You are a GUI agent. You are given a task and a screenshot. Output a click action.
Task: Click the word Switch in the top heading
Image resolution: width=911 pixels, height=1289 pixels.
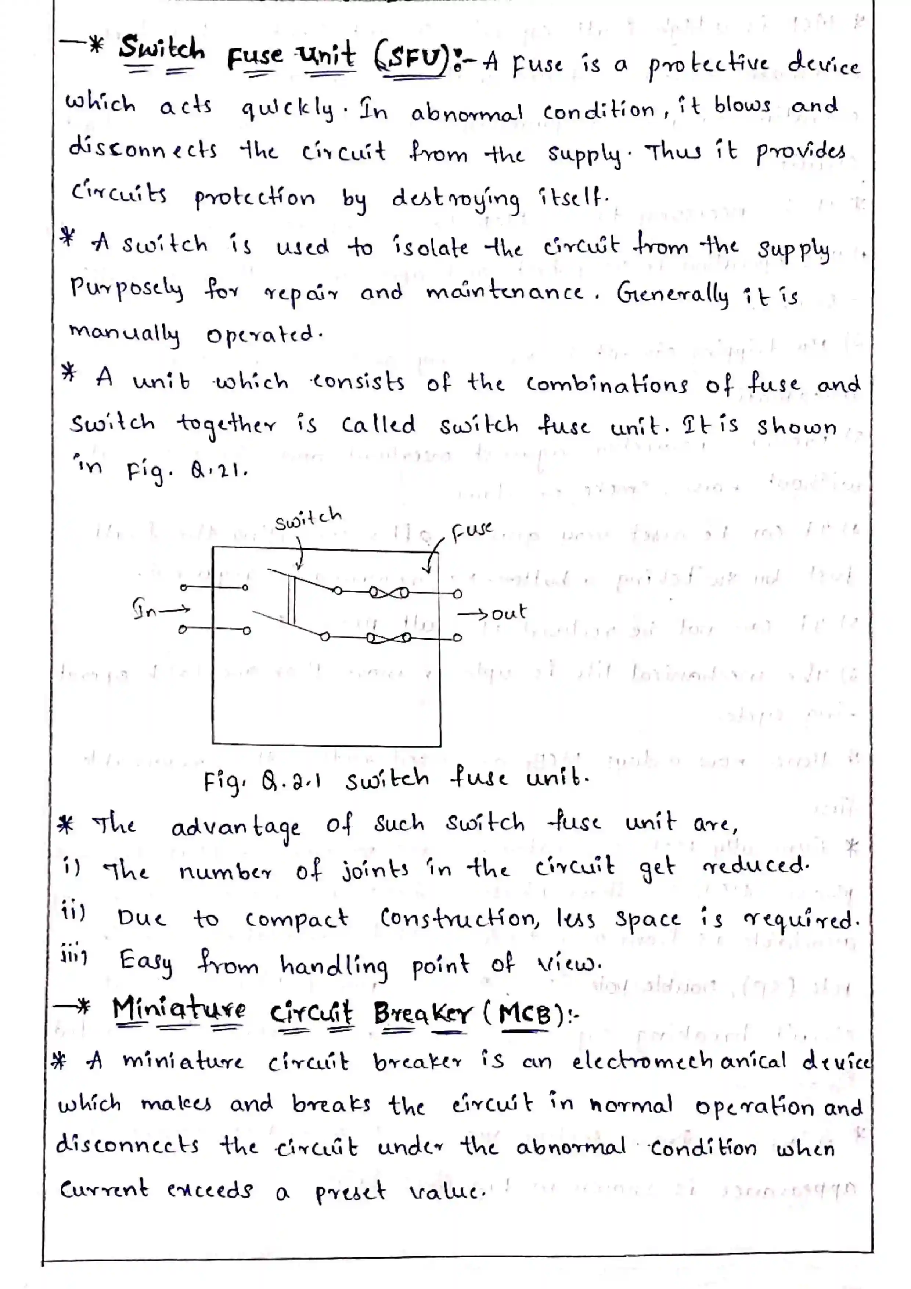(162, 49)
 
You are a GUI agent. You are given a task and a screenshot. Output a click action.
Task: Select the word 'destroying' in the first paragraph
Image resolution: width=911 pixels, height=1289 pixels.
(455, 199)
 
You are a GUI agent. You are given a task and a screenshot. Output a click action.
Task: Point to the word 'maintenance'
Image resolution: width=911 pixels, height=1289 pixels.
(504, 292)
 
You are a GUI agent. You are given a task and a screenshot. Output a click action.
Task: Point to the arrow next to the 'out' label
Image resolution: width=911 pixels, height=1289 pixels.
(473, 614)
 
